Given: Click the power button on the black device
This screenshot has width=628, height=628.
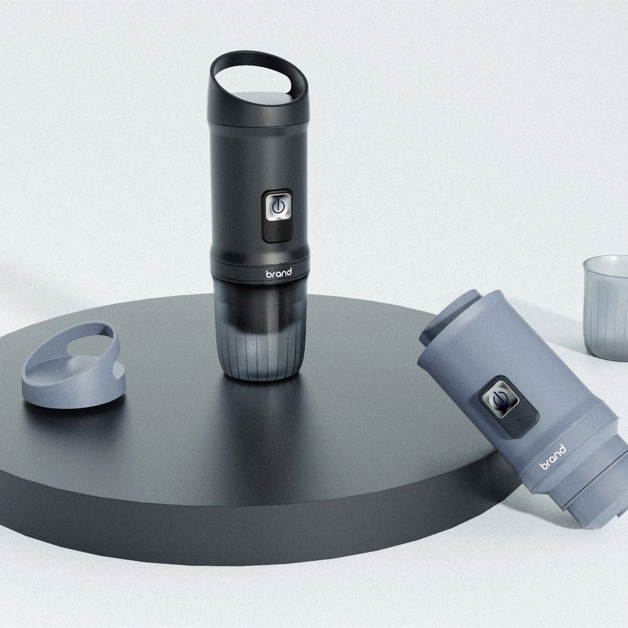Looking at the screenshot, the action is pyautogui.click(x=277, y=207).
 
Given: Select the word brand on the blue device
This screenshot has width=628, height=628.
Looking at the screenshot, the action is pyautogui.click(x=553, y=457).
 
